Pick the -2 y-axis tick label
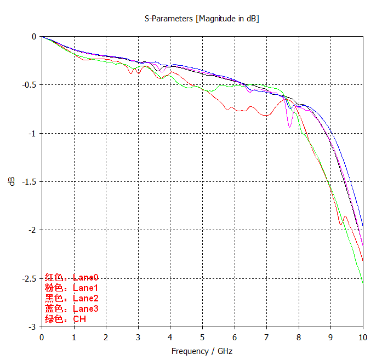[33, 230]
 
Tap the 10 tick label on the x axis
[363, 337]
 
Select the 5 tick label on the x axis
[202, 337]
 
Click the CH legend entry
[65, 319]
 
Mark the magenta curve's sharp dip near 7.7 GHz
[290, 127]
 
